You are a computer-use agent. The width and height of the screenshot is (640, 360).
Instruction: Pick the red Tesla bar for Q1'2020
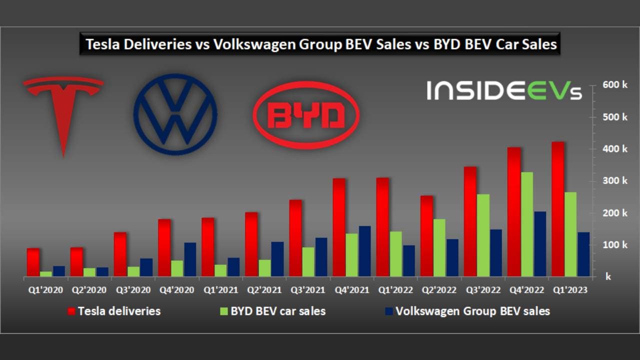coord(33,262)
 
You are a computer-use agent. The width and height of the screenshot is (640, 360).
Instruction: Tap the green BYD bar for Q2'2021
coord(264,267)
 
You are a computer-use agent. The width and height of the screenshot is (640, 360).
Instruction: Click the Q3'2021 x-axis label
coord(307,290)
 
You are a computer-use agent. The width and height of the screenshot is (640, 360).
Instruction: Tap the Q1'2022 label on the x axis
coord(395,290)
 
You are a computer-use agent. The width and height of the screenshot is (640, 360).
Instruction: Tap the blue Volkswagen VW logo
coord(175,115)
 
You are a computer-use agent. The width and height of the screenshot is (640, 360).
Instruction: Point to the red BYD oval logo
coord(306,115)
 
